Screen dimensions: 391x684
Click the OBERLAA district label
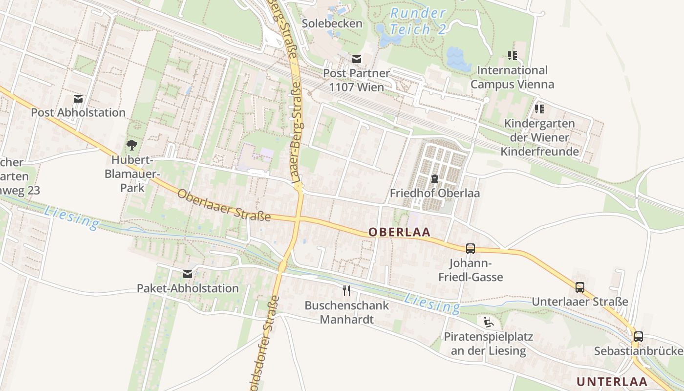pyautogui.click(x=400, y=232)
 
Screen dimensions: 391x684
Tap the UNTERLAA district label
pyautogui.click(x=612, y=381)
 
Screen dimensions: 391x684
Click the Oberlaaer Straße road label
pyautogui.click(x=224, y=205)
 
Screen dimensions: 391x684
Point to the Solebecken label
pyautogui.click(x=332, y=23)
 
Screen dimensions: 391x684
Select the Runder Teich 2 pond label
pyautogui.click(x=418, y=21)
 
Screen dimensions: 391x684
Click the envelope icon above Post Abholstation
pyautogui.click(x=78, y=99)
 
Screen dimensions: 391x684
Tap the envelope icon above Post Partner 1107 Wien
pyautogui.click(x=357, y=59)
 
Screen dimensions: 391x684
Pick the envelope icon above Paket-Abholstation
pyautogui.click(x=188, y=274)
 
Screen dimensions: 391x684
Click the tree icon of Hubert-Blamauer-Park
pyautogui.click(x=131, y=145)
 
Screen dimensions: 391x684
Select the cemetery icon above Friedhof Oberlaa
pyautogui.click(x=434, y=179)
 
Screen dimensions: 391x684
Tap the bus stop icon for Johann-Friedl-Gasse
pyautogui.click(x=470, y=249)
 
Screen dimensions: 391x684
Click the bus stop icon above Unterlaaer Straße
pyautogui.click(x=579, y=287)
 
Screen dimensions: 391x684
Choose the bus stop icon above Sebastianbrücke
pyautogui.click(x=638, y=337)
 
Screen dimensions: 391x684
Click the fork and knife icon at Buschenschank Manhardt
pyautogui.click(x=346, y=291)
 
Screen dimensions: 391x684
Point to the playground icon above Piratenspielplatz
pyautogui.click(x=488, y=322)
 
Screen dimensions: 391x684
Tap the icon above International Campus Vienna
pyautogui.click(x=512, y=56)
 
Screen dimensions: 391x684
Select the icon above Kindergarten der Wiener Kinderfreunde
pyautogui.click(x=539, y=109)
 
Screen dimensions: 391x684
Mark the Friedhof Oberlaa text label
pyautogui.click(x=434, y=193)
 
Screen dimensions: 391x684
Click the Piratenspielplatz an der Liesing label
pyautogui.click(x=488, y=344)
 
